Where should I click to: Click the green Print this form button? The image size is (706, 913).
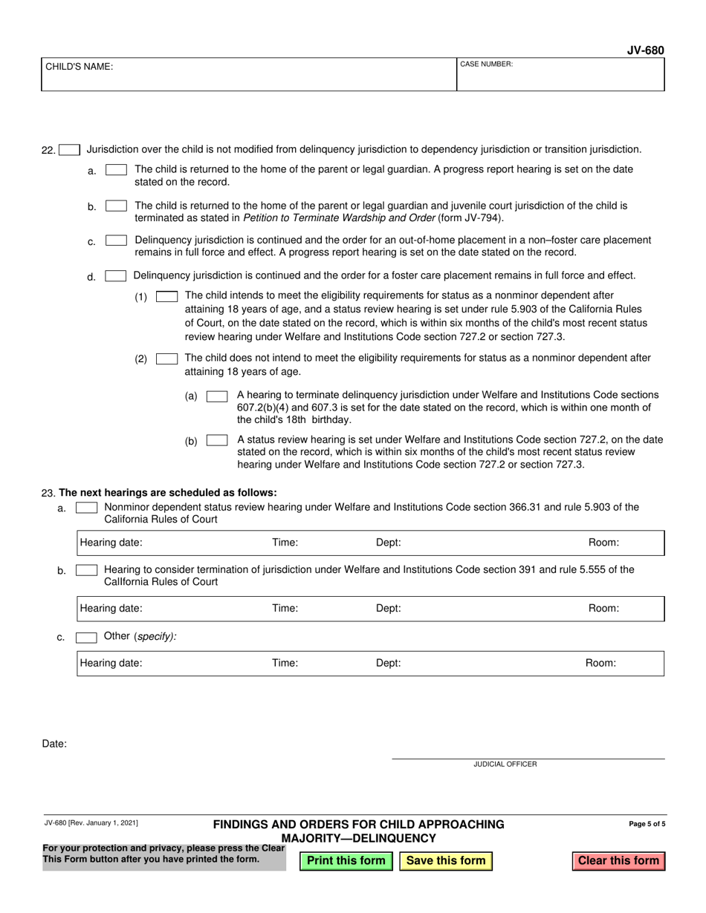(x=346, y=860)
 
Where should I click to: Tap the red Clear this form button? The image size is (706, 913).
(x=618, y=860)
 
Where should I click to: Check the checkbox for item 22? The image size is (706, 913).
(x=69, y=150)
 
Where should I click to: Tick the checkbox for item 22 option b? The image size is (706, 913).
(x=116, y=206)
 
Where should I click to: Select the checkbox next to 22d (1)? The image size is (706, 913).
(x=166, y=296)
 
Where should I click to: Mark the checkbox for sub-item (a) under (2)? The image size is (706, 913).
(x=216, y=396)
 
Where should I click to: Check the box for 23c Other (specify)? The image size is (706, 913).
(x=86, y=637)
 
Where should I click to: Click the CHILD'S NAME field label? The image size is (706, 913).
(x=80, y=67)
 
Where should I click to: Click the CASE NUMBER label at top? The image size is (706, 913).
(x=486, y=65)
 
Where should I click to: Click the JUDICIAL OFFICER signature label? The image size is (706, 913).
(x=505, y=764)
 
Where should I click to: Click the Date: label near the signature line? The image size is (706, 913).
(x=54, y=743)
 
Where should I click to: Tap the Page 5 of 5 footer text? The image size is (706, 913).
(x=647, y=823)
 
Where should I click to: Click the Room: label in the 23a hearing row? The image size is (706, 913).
(x=603, y=543)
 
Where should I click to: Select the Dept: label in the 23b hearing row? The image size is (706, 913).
(x=388, y=608)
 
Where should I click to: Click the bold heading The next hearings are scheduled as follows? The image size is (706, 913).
(x=167, y=492)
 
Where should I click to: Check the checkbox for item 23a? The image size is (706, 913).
(x=86, y=508)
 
